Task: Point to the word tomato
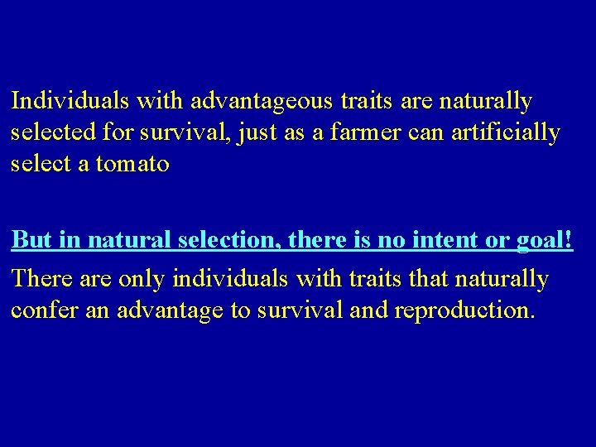(x=133, y=164)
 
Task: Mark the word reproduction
(x=466, y=312)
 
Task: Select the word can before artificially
(x=439, y=132)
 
